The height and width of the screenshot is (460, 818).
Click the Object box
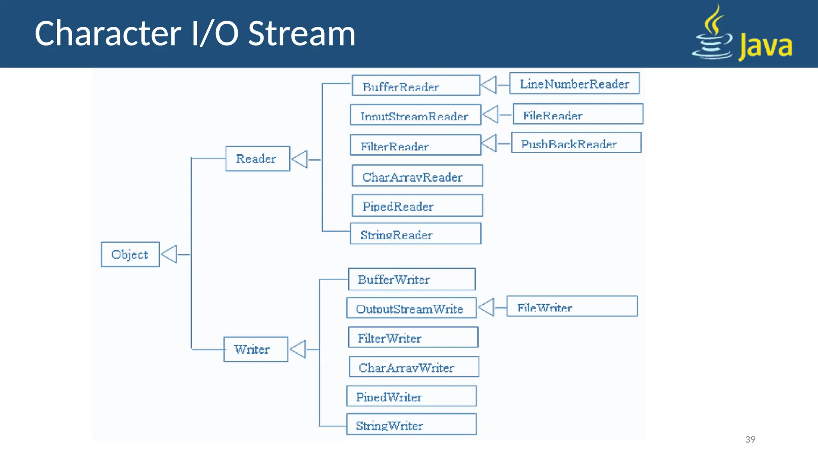(x=130, y=254)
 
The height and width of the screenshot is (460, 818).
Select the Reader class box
(x=257, y=159)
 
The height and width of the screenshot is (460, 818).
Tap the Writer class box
(x=255, y=349)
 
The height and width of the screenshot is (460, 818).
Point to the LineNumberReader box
(x=574, y=83)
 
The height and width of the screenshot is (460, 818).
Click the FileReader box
(x=578, y=114)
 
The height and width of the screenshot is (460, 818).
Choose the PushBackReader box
(x=576, y=143)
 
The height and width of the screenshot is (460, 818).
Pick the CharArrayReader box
(x=417, y=176)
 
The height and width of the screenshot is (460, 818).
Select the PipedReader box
(x=417, y=206)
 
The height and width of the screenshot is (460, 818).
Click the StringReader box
(x=415, y=234)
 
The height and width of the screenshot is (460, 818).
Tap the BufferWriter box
(x=411, y=279)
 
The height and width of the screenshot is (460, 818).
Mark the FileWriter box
(x=572, y=307)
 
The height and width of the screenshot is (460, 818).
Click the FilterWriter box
(x=413, y=337)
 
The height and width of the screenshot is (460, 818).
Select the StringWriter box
(x=411, y=424)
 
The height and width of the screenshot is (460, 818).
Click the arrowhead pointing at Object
(x=169, y=254)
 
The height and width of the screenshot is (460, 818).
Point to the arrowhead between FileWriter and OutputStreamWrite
(x=487, y=307)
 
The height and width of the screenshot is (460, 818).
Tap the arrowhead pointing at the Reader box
(x=300, y=159)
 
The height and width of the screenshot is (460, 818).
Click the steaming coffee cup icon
(x=713, y=34)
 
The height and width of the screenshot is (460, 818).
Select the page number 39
(x=750, y=440)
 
